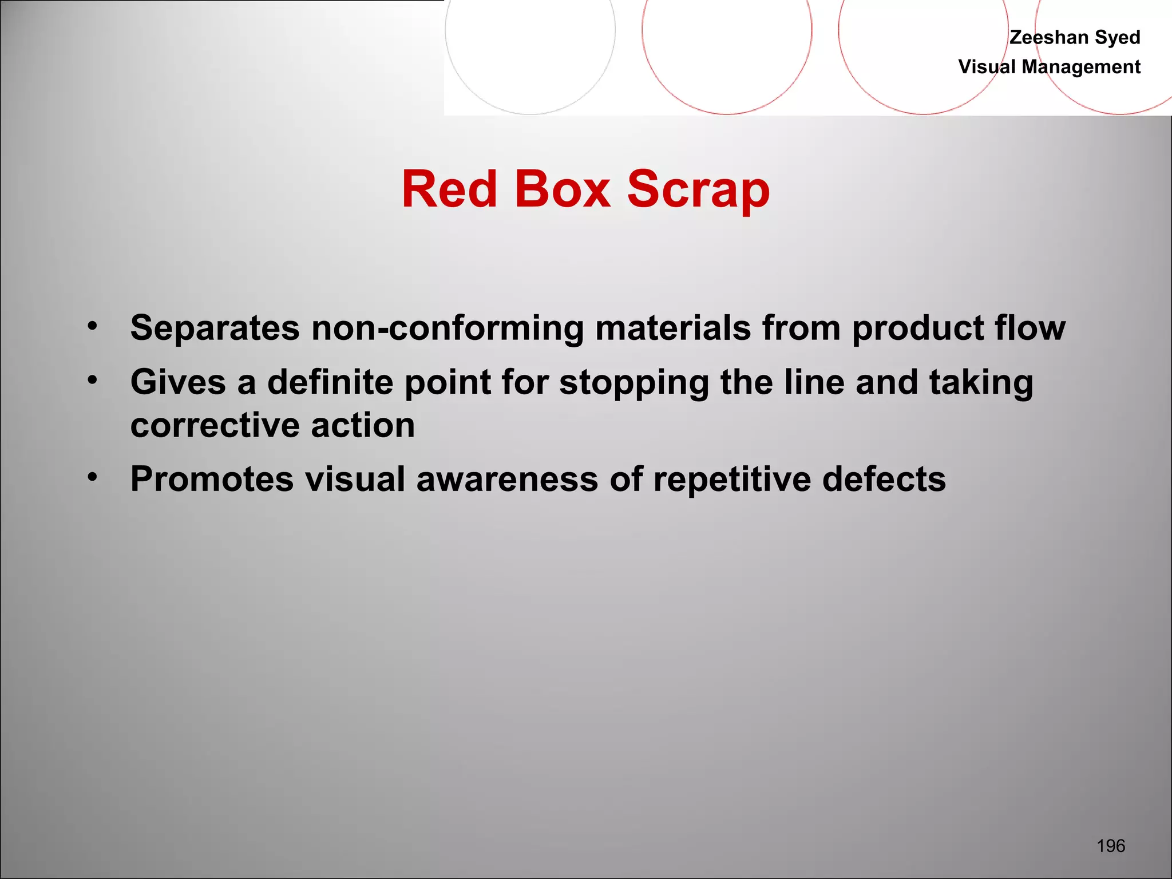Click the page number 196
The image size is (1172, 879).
coord(1111,846)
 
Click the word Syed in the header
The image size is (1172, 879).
coord(1118,37)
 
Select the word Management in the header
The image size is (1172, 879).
coord(1081,67)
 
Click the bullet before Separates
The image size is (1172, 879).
coord(93,326)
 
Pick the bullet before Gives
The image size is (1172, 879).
coord(93,380)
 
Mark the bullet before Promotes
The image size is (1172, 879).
coord(93,477)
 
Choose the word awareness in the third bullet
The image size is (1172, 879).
coord(507,479)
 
